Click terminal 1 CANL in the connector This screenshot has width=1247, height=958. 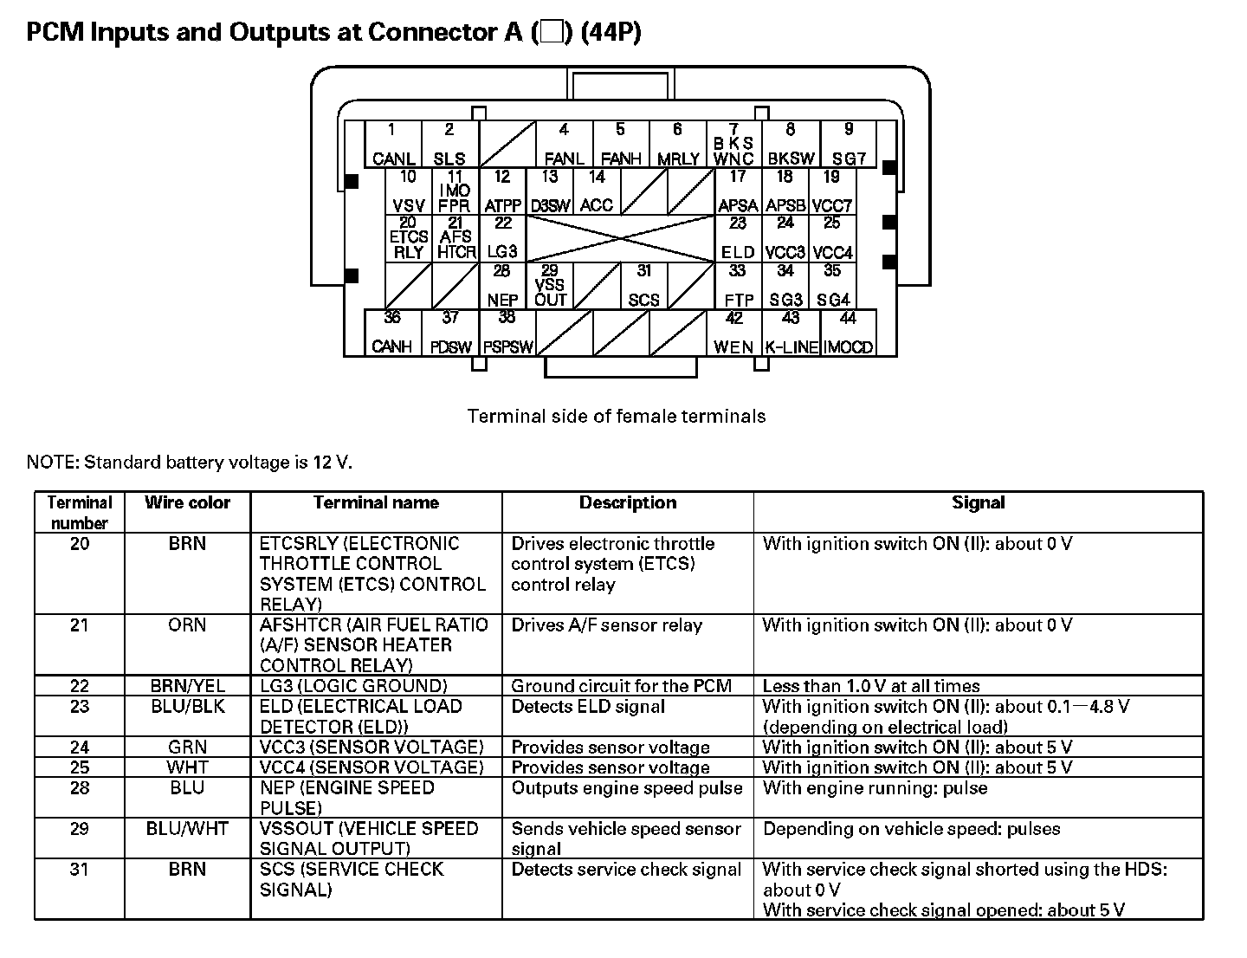pos(392,145)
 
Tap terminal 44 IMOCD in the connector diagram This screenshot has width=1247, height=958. pos(848,333)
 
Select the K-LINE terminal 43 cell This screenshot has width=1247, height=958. pos(791,333)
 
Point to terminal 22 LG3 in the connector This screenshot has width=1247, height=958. pos(502,238)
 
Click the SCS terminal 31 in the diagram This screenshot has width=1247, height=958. pos(643,286)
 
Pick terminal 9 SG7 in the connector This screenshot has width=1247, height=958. pos(848,145)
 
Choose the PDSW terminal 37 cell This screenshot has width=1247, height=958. pos(450,333)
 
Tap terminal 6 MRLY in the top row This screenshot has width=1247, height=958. pos(677,145)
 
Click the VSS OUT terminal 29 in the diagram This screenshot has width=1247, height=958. pos(550,286)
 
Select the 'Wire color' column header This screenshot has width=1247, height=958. pos(187,503)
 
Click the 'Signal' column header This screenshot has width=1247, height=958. pos(978,503)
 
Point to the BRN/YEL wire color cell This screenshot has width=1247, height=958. pos(187,686)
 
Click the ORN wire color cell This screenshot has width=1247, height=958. pos(187,625)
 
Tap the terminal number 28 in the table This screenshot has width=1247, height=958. pos(79,788)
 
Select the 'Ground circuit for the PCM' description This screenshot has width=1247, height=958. pos(621,686)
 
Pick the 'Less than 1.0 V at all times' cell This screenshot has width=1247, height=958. pos(871,686)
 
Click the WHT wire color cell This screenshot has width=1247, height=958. pos(187,767)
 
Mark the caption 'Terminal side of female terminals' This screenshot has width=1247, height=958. pos(617,417)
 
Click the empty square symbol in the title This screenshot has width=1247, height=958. pos(552,33)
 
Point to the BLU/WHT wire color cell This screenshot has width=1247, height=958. pos(187,829)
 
